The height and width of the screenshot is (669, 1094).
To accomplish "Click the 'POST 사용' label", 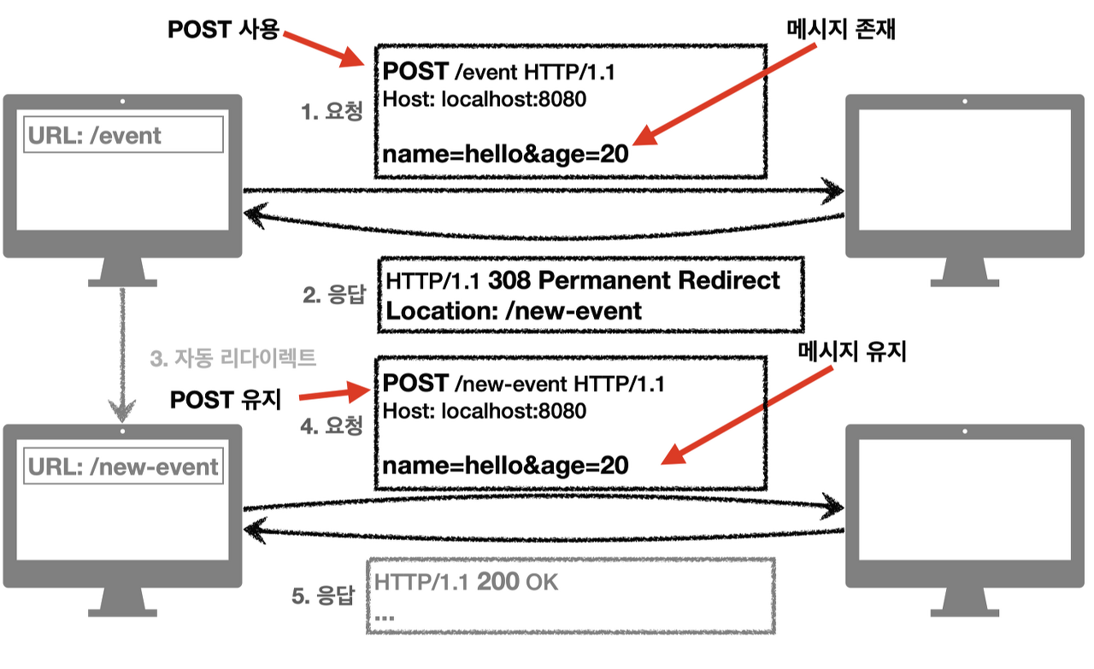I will (223, 29).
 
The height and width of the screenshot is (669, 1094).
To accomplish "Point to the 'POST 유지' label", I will (226, 399).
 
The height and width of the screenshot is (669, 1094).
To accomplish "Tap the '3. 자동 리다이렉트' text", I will (232, 358).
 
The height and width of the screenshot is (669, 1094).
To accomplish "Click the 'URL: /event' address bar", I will (124, 135).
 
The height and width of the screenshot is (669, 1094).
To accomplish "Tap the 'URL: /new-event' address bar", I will (124, 467).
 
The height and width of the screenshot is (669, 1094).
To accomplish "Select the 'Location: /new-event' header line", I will (514, 310).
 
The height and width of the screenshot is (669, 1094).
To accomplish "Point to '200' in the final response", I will (497, 583).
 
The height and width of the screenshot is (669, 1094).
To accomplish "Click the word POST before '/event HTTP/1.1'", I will (415, 72).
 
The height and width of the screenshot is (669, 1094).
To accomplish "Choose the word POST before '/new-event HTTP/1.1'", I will (415, 384).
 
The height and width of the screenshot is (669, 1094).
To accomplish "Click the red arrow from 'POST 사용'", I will (326, 50).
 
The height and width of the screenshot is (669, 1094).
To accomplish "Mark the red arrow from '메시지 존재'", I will (726, 93).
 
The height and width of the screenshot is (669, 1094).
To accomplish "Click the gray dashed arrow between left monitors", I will (123, 355).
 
